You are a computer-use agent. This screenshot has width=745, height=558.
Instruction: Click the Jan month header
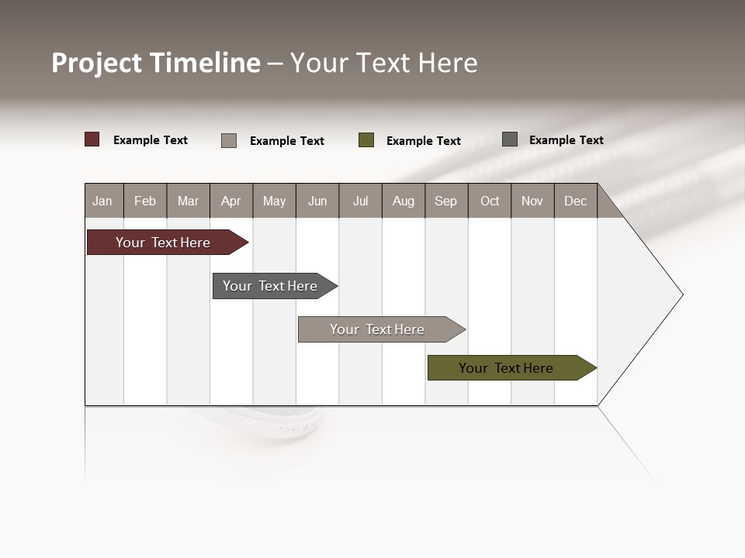tap(103, 201)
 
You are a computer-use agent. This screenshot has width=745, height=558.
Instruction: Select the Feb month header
tap(145, 201)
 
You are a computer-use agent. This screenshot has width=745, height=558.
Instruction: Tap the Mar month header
tap(188, 201)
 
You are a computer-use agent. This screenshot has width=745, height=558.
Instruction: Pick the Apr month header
tap(231, 201)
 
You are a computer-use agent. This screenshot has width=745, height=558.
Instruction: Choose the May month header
tap(274, 201)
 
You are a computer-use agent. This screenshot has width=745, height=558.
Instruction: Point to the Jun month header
tap(317, 201)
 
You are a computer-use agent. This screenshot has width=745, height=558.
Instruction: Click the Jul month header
tap(360, 201)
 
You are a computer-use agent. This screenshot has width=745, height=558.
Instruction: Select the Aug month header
tap(404, 201)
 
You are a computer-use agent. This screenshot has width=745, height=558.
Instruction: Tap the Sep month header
tap(446, 201)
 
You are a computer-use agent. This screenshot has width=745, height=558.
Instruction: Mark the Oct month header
tap(490, 201)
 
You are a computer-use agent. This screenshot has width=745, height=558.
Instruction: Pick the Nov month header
tap(532, 201)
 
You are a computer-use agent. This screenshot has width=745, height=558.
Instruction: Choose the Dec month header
tap(576, 201)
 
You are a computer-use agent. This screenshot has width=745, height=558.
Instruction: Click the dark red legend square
tap(92, 139)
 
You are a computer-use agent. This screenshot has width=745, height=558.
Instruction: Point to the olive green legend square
tap(366, 139)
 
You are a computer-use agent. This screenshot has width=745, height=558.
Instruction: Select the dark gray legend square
tap(510, 139)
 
